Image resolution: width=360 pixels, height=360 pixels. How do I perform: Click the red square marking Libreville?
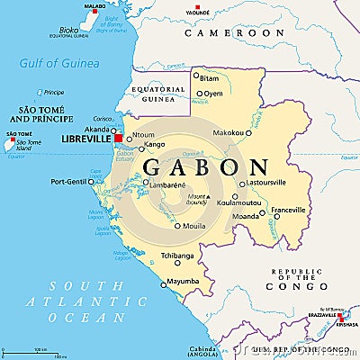click(118, 139)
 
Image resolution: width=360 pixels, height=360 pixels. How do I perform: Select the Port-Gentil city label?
click(70, 182)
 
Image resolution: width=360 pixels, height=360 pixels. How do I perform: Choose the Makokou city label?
click(229, 132)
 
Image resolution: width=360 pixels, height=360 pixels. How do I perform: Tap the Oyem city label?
click(213, 93)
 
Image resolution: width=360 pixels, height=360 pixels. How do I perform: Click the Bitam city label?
click(209, 78)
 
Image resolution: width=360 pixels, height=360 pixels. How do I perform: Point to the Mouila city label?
click(194, 226)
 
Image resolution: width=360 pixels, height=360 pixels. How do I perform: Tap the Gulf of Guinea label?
click(59, 62)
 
